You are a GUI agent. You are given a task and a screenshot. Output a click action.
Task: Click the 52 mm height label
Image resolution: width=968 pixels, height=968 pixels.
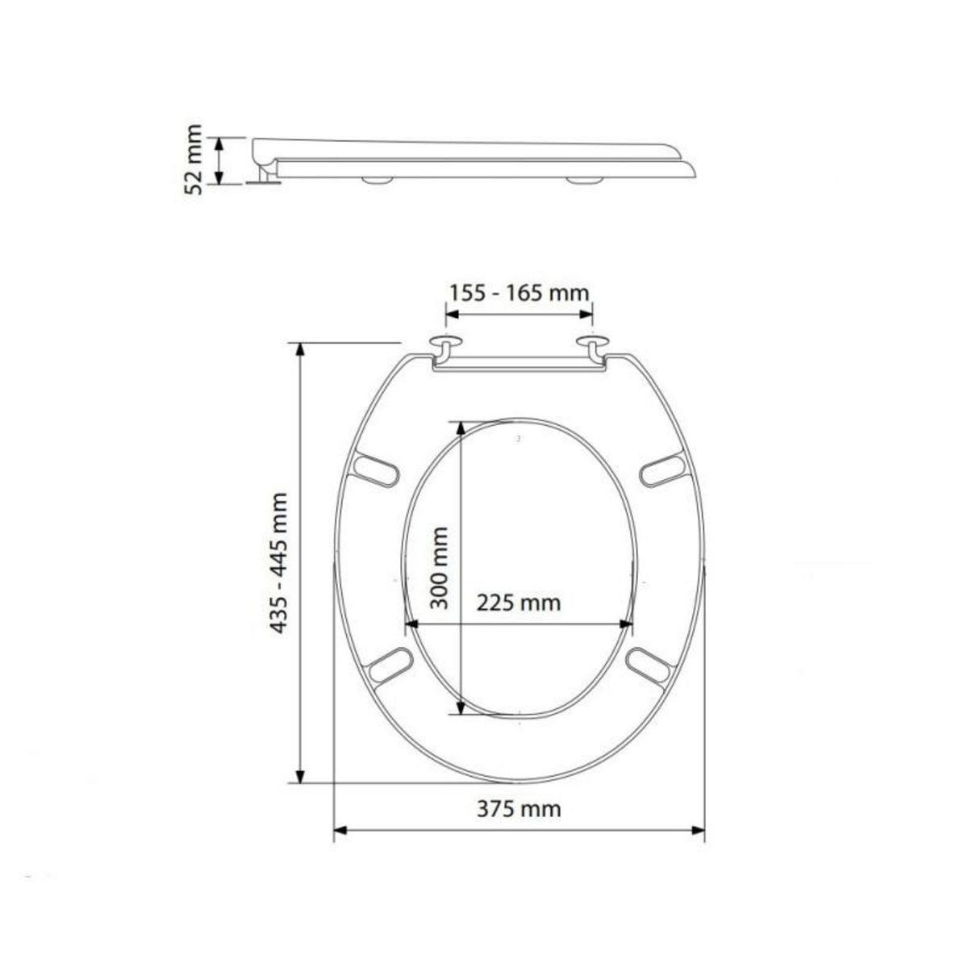pos(193,160)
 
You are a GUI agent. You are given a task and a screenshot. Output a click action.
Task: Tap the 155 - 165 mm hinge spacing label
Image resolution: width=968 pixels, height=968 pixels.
pos(519,291)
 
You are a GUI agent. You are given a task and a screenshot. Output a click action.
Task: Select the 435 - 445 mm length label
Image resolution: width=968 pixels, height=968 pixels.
pos(277,562)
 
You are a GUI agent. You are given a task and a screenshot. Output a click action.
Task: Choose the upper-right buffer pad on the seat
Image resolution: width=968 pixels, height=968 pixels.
pos(663,471)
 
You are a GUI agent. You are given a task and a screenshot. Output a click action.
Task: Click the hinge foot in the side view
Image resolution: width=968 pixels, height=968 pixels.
pos(263,179)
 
